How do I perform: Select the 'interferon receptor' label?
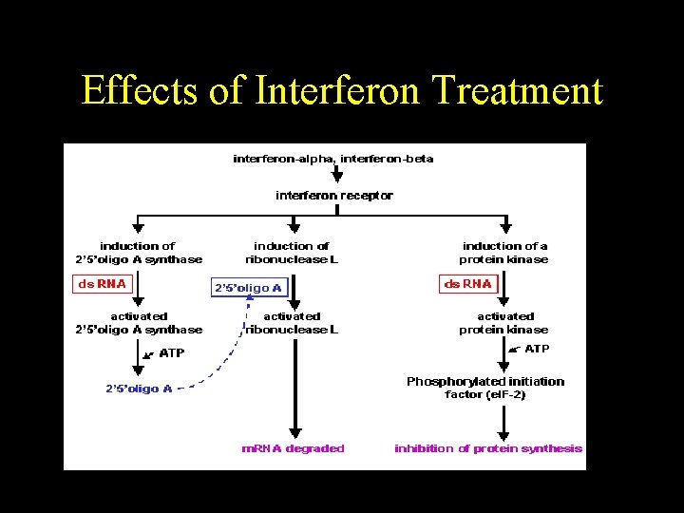(334, 196)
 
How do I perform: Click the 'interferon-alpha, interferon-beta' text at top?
(333, 159)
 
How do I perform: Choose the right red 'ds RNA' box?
(468, 284)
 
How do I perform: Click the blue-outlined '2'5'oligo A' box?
(248, 287)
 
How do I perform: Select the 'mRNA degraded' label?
(294, 448)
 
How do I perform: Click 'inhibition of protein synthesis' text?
(488, 448)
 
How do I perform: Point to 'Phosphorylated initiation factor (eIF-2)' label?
(485, 388)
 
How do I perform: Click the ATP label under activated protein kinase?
(537, 349)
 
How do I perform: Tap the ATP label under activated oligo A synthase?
(172, 352)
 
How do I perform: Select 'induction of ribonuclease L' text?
(292, 253)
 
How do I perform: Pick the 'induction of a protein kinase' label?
(504, 253)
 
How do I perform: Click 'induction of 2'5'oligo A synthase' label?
(139, 253)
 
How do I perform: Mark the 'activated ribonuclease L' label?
(292, 323)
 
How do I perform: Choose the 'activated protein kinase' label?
(504, 323)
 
